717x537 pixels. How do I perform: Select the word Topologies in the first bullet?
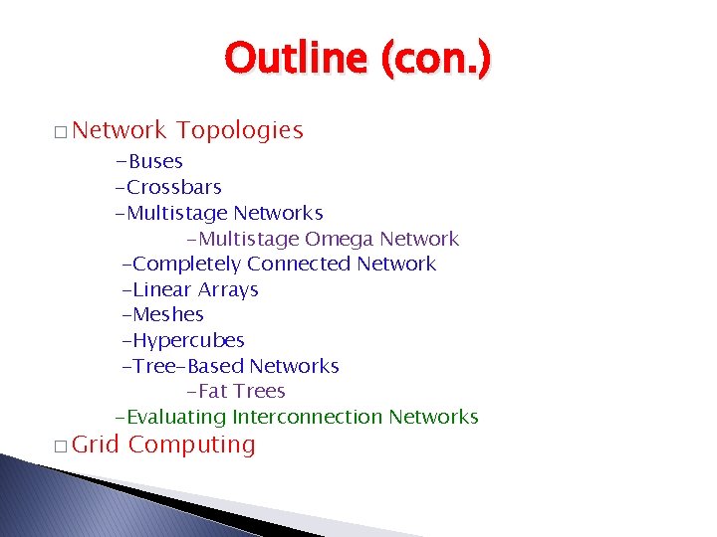click(x=240, y=130)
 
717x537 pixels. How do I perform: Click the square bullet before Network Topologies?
click(x=61, y=132)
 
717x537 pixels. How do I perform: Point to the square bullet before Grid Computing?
click(x=61, y=447)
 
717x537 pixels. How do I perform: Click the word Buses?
click(x=154, y=161)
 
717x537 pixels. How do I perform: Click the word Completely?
click(x=186, y=264)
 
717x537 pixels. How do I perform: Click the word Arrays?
click(x=228, y=289)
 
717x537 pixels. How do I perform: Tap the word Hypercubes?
click(x=188, y=340)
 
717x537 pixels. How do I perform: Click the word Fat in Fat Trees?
click(x=216, y=392)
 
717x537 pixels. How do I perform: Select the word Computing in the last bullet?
click(x=192, y=445)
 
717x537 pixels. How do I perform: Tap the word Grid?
click(x=96, y=445)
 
